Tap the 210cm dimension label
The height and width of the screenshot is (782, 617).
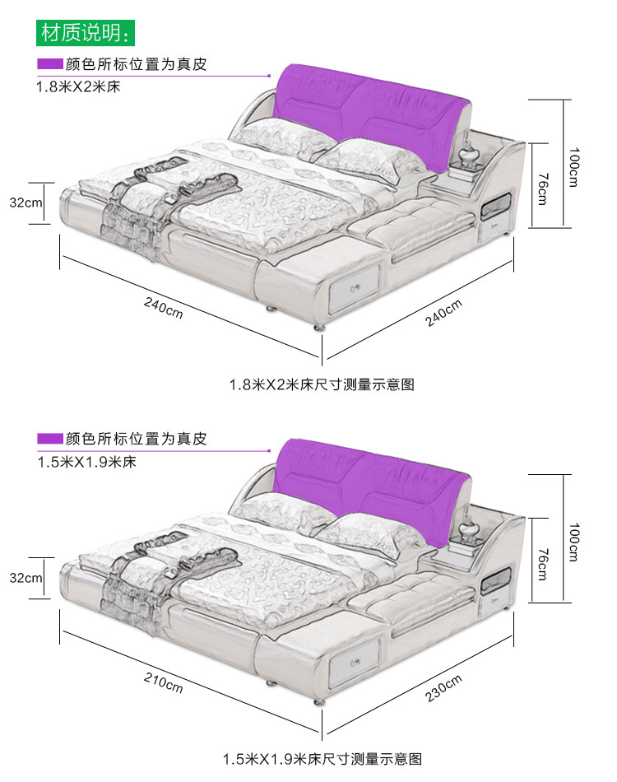click(164, 682)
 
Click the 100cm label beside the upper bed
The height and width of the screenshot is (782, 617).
click(573, 166)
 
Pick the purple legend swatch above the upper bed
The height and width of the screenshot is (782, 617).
click(49, 64)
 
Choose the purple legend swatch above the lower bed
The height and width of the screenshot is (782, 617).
click(49, 439)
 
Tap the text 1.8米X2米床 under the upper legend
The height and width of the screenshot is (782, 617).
click(78, 86)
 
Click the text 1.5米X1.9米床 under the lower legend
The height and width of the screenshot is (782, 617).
click(86, 461)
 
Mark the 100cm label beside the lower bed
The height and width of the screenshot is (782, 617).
click(573, 541)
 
